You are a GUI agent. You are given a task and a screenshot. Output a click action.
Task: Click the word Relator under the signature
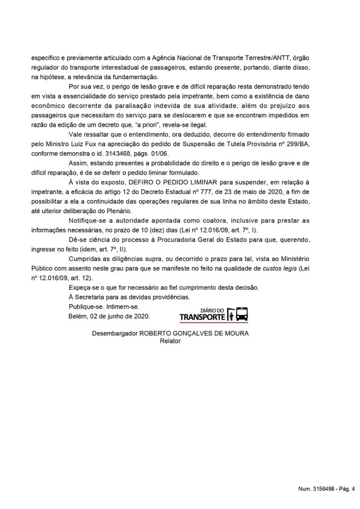(170, 341)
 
